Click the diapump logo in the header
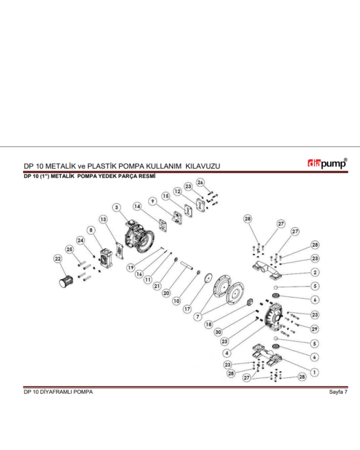coord(327,164)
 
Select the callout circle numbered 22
coord(57,259)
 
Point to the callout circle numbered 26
coord(200,182)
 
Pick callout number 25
coord(70,249)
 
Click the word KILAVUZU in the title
coord(202,166)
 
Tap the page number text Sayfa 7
coord(338,392)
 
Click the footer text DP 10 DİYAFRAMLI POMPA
coord(58,392)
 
